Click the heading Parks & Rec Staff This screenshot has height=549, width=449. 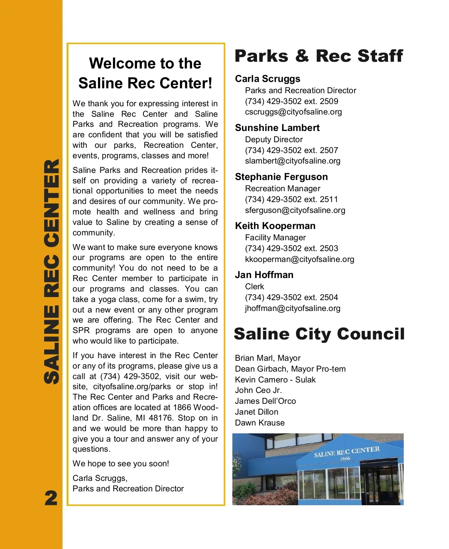coord(318,56)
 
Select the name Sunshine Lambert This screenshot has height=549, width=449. coord(277,128)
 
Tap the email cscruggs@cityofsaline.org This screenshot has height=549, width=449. coord(293,112)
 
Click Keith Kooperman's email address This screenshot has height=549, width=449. coord(299,259)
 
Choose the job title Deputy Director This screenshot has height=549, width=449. coord(274,140)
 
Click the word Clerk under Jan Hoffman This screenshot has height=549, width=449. coord(254,287)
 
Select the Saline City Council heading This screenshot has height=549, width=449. coord(319,334)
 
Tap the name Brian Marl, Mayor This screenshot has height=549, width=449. coord(268,358)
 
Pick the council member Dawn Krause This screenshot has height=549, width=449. coord(260,423)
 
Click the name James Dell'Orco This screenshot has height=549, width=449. coord(265,401)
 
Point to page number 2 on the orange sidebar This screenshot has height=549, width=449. coord(51,498)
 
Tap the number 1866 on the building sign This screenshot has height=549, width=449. coord(345,458)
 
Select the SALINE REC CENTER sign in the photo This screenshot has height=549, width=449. coord(347,452)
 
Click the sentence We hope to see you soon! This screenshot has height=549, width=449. coord(120,464)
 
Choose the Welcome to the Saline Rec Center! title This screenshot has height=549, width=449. coord(145,73)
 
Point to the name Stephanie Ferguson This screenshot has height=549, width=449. coord(281,177)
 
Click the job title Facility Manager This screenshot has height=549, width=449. coord(275,238)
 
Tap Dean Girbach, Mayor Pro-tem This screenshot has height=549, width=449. coord(290,369)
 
